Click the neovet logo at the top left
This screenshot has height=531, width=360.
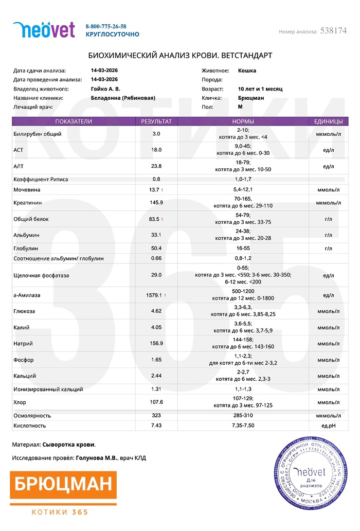pyautogui.click(x=44, y=30)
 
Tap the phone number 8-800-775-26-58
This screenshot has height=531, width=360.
pyautogui.click(x=106, y=26)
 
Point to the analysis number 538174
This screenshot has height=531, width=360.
pyautogui.click(x=333, y=31)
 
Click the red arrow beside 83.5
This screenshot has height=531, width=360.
pyautogui.click(x=163, y=219)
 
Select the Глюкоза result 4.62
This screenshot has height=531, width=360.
pyautogui.click(x=156, y=311)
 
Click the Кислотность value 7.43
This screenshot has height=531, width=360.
pyautogui.click(x=156, y=426)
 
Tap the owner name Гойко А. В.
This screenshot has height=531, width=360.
pyautogui.click(x=106, y=88)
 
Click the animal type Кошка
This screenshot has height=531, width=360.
pyautogui.click(x=247, y=70)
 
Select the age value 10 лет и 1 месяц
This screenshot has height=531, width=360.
pyautogui.click(x=260, y=88)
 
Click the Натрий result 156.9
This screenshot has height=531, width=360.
pyautogui.click(x=156, y=343)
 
